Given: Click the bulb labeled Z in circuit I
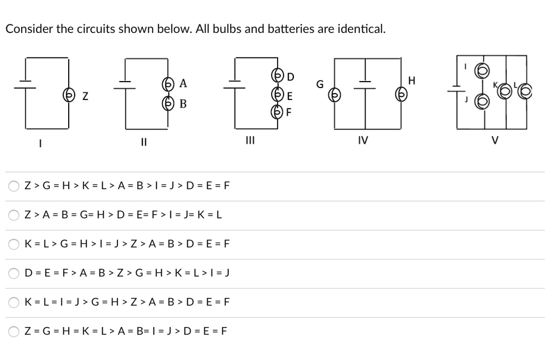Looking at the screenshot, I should (69, 96).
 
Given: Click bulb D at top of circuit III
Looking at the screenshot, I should (279, 76).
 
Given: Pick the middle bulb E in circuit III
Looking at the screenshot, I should (279, 95).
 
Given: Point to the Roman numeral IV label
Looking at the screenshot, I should (363, 141).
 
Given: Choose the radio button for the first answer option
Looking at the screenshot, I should (13, 186).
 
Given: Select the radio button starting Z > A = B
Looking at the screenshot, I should (13, 215).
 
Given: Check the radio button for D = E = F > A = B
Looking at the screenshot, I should (13, 273).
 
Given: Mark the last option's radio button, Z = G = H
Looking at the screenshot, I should (13, 331).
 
